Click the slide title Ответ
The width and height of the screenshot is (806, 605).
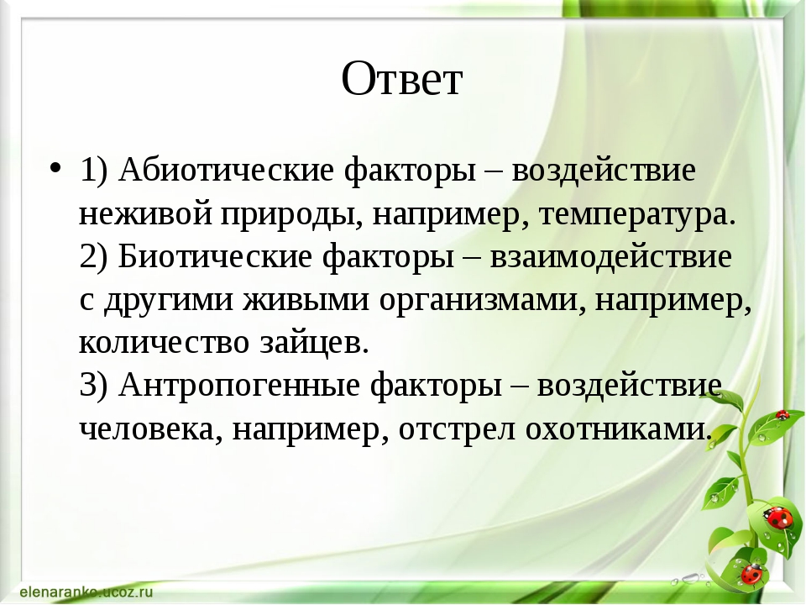[402, 78]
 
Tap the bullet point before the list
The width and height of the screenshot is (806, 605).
[55, 168]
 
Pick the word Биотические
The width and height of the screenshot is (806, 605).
[215, 255]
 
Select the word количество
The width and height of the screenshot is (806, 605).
[164, 343]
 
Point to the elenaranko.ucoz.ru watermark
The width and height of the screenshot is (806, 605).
[86, 592]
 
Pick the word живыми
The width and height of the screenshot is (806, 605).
[306, 300]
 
